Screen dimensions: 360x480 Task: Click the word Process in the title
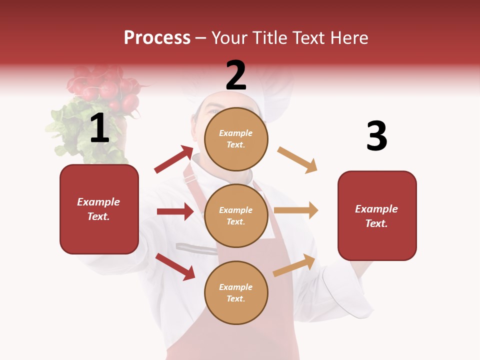click(157, 38)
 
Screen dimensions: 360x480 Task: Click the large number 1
click(99, 128)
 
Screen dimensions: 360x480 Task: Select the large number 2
click(236, 75)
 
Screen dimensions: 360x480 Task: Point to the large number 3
click(376, 136)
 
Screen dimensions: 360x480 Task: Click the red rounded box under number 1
click(99, 209)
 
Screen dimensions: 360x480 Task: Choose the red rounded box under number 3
click(377, 215)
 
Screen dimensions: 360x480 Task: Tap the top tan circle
click(236, 138)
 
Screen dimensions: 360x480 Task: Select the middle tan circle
click(236, 215)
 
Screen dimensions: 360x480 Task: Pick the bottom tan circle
click(236, 292)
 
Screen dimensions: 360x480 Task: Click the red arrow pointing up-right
click(174, 159)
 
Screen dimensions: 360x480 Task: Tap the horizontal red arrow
click(175, 211)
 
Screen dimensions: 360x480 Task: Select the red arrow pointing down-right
click(175, 266)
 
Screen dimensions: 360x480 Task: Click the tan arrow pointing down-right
click(297, 160)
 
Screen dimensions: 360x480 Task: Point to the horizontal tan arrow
click(296, 210)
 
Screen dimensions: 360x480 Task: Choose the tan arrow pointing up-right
click(294, 265)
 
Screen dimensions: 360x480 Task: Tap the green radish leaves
click(70, 125)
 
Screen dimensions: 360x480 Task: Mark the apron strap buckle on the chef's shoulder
click(190, 178)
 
